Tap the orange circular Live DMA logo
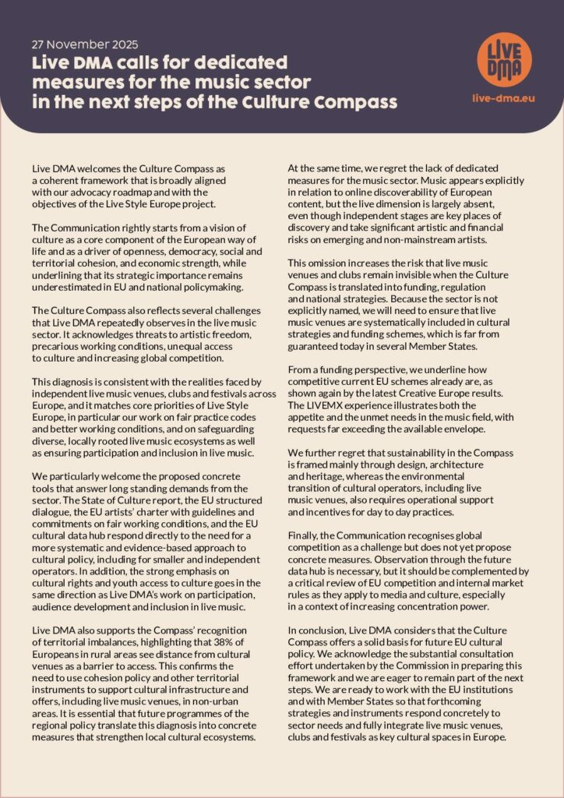504,60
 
